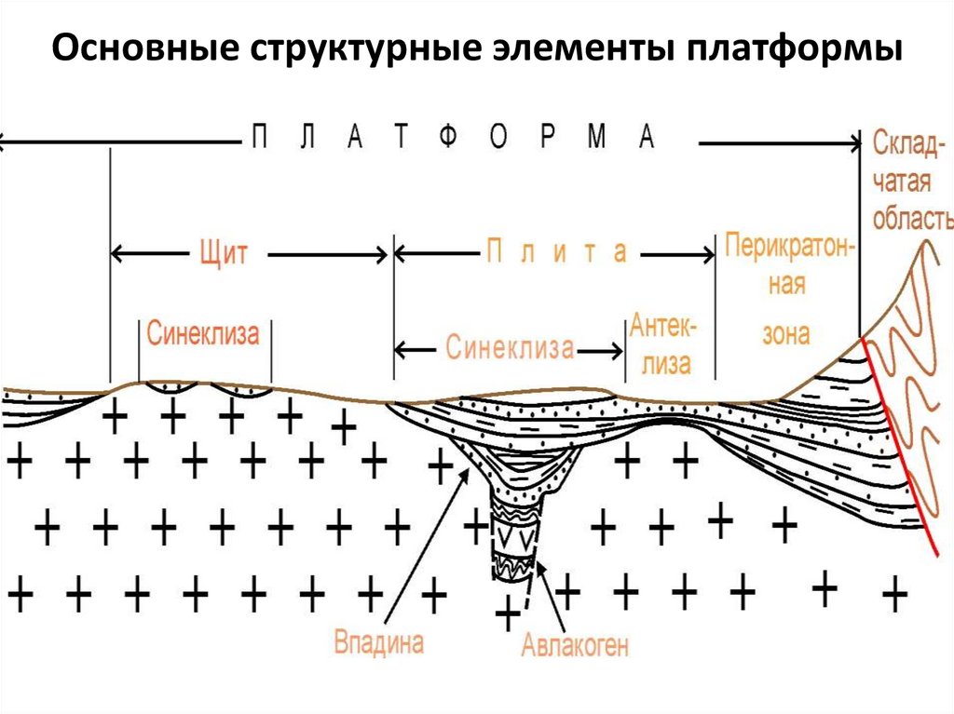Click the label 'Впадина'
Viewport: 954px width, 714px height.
[379, 641]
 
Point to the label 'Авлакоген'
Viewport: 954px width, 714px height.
[575, 644]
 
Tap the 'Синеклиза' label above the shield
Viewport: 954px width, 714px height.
[203, 333]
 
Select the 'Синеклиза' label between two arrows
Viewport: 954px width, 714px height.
[509, 349]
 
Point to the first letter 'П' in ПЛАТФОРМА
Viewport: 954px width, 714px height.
[262, 137]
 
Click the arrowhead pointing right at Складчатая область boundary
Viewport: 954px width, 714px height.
[854, 142]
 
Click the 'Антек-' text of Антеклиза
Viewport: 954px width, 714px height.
[661, 327]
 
